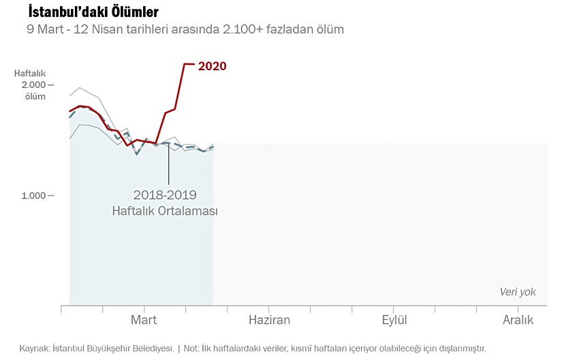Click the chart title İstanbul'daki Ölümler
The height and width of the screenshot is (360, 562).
93,12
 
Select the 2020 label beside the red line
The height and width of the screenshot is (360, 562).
212,66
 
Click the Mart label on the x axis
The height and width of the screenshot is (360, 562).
144,320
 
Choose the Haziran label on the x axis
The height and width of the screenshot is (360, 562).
269,320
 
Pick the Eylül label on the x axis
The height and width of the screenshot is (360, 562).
394,320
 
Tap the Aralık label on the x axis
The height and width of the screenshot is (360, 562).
518,320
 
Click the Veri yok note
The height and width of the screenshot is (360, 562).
518,292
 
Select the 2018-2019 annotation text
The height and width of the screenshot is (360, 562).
165,195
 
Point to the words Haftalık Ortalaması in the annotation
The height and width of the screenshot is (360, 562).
165,211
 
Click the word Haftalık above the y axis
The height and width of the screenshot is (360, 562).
30,73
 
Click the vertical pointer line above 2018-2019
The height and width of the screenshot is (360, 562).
168,164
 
